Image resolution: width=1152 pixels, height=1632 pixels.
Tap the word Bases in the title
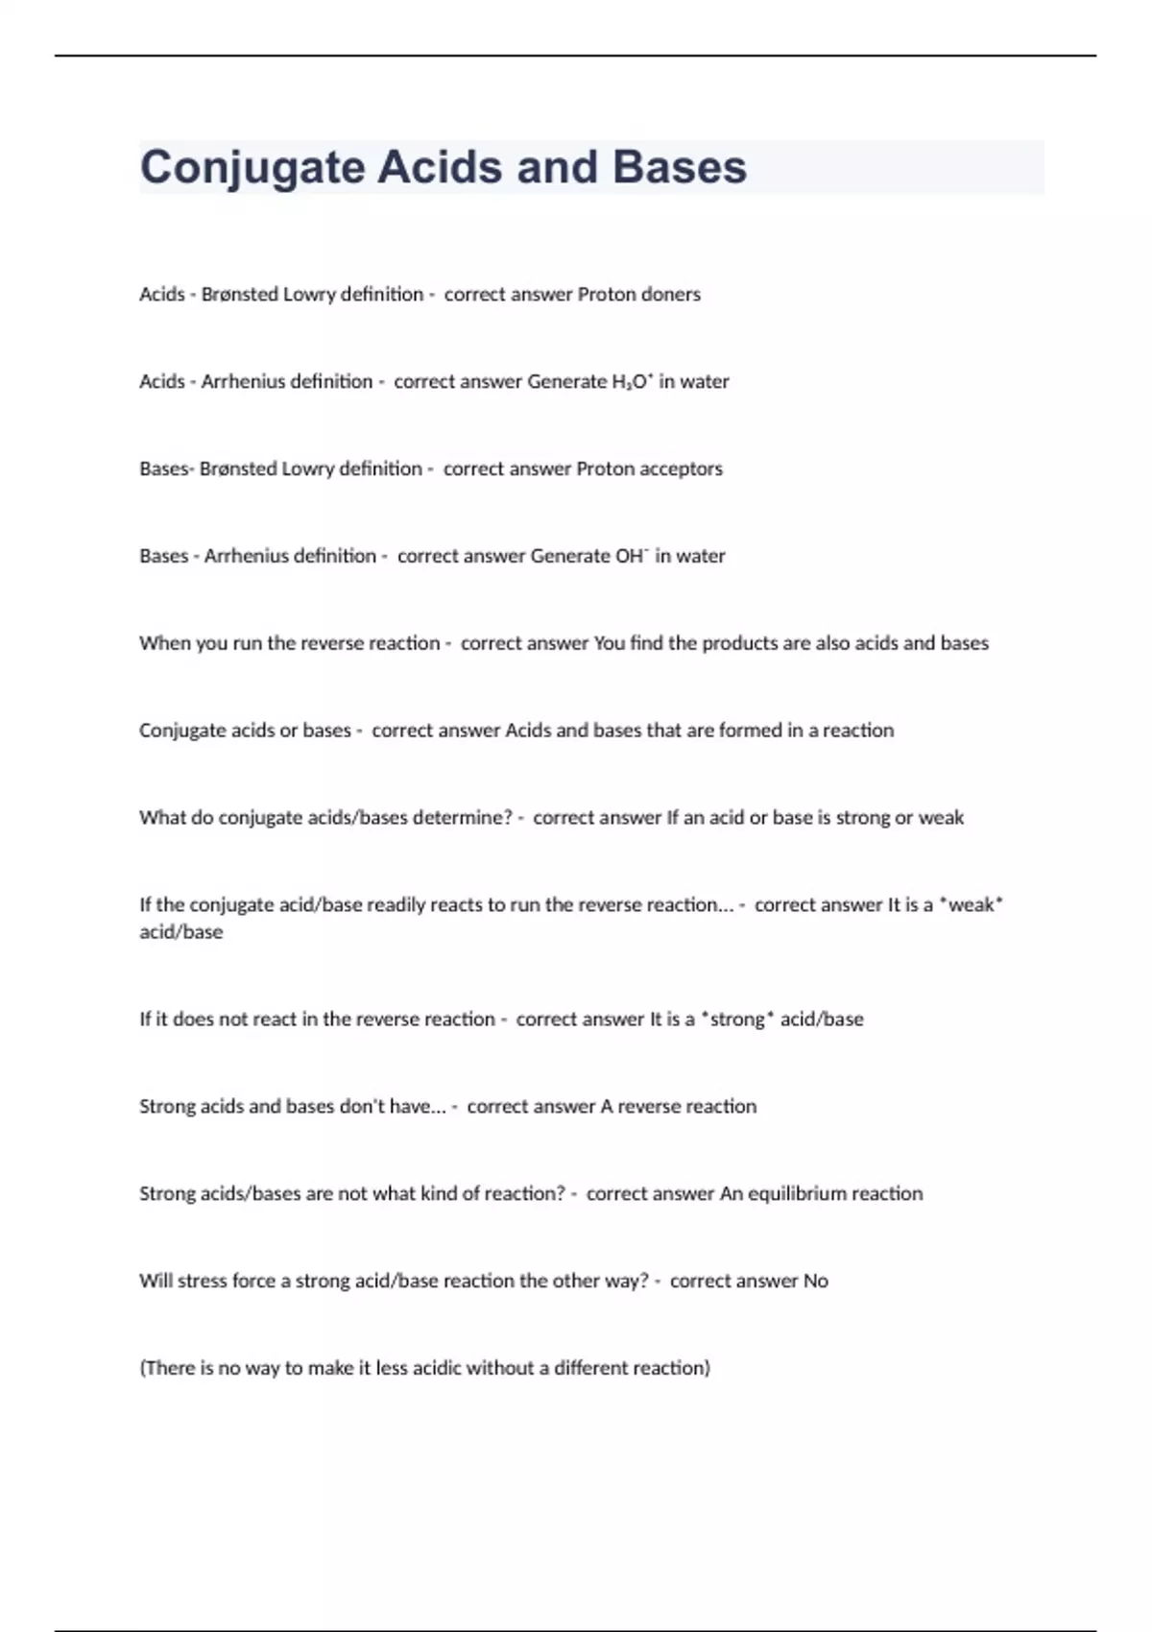[679, 167]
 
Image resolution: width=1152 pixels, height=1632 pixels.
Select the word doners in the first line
[670, 294]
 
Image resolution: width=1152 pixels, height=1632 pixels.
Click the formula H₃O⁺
[632, 381]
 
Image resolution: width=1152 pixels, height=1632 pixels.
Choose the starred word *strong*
[737, 1019]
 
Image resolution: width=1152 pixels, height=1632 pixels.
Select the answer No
[815, 1281]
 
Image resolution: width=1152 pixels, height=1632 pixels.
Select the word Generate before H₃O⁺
[566, 381]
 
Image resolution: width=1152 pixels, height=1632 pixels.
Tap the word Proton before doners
[606, 294]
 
